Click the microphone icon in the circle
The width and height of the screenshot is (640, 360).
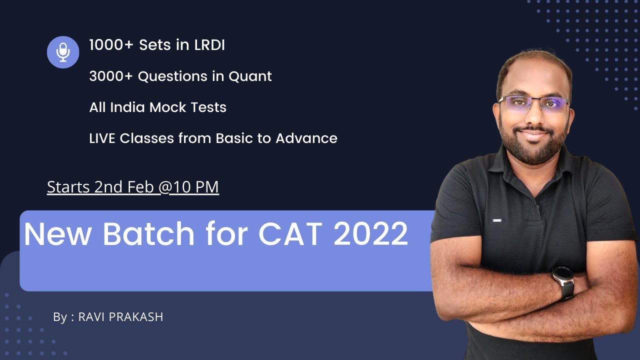[63, 52]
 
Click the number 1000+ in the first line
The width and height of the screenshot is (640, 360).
[111, 45]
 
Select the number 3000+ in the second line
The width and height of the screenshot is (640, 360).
[111, 76]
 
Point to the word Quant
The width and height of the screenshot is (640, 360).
[250, 77]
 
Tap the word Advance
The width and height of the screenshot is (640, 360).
[306, 138]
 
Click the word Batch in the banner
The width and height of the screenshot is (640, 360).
[148, 234]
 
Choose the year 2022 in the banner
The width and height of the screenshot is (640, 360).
[370, 234]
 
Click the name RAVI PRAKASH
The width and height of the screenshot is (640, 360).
[120, 317]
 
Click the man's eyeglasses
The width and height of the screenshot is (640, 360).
[534, 104]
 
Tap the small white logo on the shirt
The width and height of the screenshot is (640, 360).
[496, 220]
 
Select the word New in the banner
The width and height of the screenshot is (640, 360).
[58, 234]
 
